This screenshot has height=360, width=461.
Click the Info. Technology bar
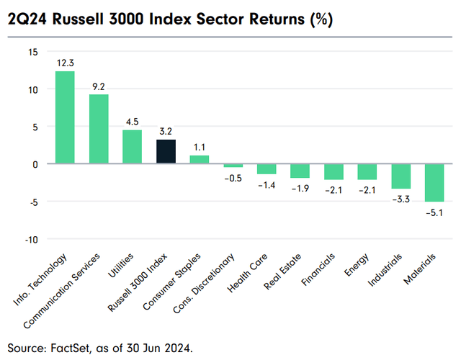coord(65,117)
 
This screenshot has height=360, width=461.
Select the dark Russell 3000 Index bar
coord(166,151)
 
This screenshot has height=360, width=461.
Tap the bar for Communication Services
coord(99,129)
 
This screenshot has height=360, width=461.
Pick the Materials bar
coord(434,183)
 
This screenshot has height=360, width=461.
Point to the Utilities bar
coord(132,147)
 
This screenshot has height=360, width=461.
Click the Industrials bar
coord(400,176)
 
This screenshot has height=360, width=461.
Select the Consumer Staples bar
coord(200,159)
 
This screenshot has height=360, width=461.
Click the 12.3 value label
coord(65,64)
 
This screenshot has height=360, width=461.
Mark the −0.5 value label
coord(233,177)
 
